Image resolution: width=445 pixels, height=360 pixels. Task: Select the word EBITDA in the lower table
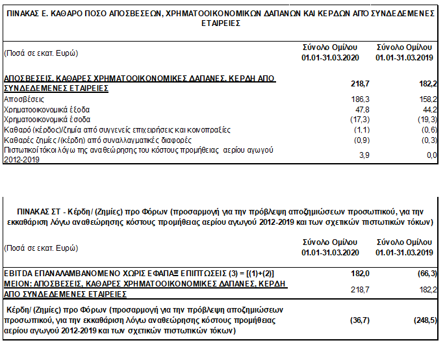click(x=18, y=274)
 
